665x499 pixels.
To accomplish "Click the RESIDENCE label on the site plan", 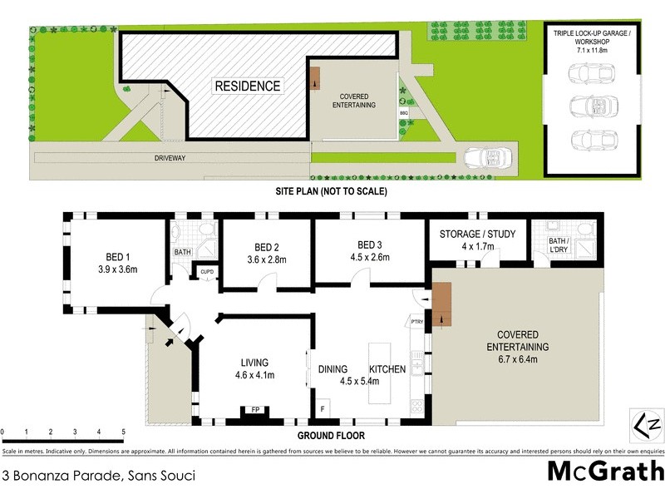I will point(248,86).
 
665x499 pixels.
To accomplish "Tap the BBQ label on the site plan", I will point(404,111).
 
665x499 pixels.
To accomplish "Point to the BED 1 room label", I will point(117,256).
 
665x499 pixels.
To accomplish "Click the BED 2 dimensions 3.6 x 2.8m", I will point(255,259).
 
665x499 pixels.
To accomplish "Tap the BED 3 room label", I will point(371,245).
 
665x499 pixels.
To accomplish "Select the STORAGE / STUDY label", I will point(477,234).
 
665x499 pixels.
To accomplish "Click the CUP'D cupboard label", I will point(204,271).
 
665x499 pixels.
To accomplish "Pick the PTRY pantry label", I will point(416,322).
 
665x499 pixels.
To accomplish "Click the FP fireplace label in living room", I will point(254,409).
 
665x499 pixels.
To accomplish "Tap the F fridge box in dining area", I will point(323,410).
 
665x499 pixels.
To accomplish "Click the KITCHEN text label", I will point(387,369).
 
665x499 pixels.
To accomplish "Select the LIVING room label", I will point(254,363).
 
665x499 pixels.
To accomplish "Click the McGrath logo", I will point(604,472).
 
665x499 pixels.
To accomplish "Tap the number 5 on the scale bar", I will point(123,432).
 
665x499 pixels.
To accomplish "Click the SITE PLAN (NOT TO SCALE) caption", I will point(332,191).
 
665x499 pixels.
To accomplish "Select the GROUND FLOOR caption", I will point(332,435).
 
